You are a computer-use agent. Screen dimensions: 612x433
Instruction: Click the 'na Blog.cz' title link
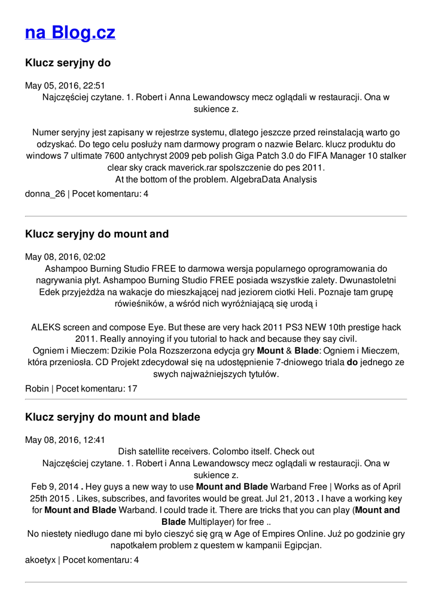70,32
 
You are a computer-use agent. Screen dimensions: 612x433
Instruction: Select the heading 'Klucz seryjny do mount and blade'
112,417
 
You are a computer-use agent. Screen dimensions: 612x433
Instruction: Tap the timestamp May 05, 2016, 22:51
65,85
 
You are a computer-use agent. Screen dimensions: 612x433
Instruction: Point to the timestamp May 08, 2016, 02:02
65,257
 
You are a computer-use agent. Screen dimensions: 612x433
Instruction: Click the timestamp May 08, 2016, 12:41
65,440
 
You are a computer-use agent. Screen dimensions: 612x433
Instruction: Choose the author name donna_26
45,194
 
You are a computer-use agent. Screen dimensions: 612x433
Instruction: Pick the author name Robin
37,389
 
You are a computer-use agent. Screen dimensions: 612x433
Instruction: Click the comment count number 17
132,389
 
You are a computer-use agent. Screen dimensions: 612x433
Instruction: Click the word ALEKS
44,328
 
